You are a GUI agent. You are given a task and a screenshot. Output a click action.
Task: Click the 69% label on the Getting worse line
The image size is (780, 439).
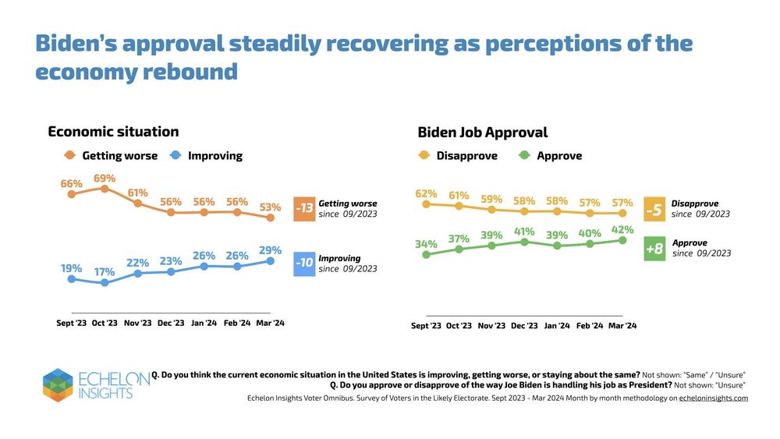point(105,179)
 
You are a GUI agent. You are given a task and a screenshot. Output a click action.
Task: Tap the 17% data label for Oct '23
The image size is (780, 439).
point(105,272)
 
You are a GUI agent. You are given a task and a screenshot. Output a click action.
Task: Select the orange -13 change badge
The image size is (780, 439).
point(304,209)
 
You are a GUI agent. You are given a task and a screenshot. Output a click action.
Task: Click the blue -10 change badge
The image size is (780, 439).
point(304,263)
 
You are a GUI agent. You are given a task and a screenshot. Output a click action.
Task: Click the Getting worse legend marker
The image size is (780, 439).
point(70,156)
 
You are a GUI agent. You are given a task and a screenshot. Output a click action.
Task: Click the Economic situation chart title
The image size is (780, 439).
point(113,132)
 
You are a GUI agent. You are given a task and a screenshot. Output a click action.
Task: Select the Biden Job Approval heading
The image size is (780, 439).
point(483,133)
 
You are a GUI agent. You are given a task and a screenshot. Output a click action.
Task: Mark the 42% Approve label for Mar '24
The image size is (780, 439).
point(622,230)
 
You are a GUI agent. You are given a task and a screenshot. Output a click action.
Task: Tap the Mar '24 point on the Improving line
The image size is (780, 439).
point(271,261)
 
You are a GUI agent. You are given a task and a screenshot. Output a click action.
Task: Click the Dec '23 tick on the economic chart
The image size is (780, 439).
point(170,323)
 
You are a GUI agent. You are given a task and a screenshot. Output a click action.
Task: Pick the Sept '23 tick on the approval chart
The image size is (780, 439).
point(426,326)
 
